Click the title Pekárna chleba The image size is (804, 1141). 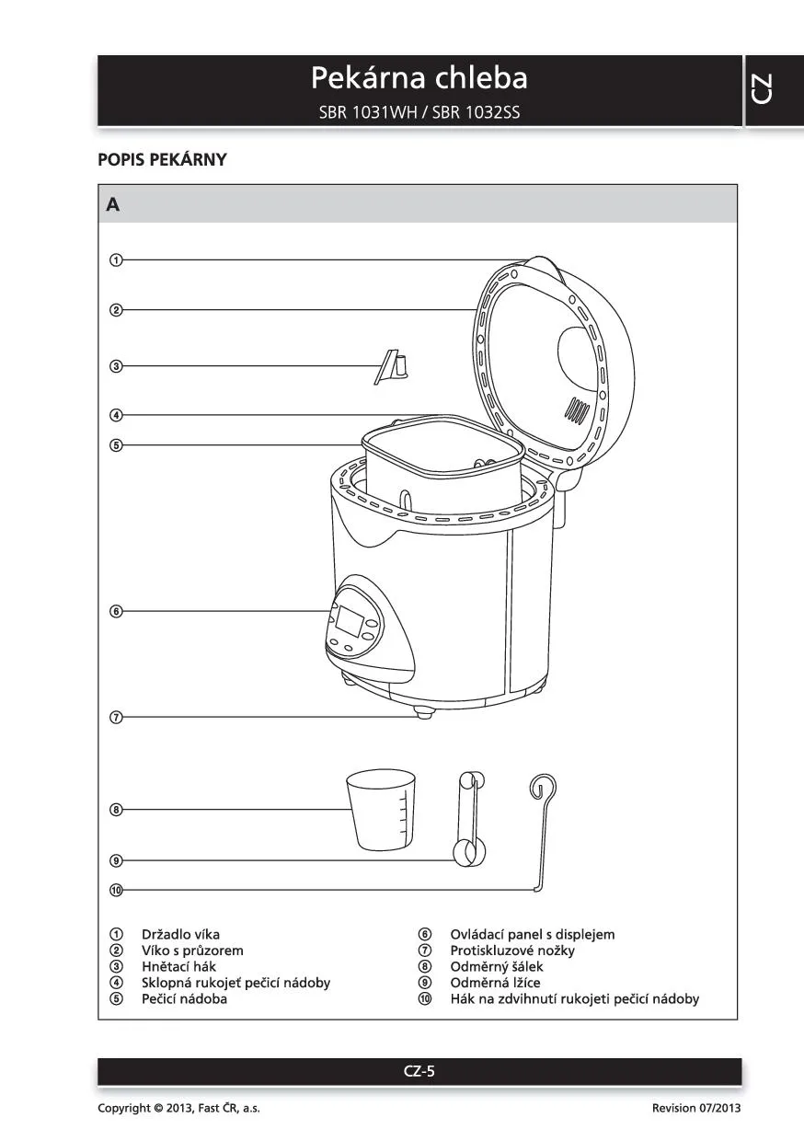(x=419, y=78)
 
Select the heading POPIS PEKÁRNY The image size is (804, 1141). (x=162, y=159)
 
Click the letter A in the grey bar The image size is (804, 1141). (x=113, y=204)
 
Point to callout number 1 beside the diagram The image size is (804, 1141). (x=116, y=259)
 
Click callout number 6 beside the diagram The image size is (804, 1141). (x=116, y=611)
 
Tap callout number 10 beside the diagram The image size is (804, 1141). (x=116, y=890)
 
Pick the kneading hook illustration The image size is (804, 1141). (x=393, y=366)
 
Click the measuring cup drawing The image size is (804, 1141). (x=381, y=811)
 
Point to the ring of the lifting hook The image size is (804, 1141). (x=543, y=787)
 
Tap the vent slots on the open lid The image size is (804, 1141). (x=577, y=409)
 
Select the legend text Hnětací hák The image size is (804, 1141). (x=178, y=966)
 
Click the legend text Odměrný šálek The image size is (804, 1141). (x=496, y=966)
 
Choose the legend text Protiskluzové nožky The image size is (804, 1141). (x=511, y=951)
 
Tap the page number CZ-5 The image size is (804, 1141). (x=419, y=1071)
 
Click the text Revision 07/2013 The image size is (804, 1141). (x=695, y=1108)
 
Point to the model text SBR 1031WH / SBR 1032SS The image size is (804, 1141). (x=419, y=113)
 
